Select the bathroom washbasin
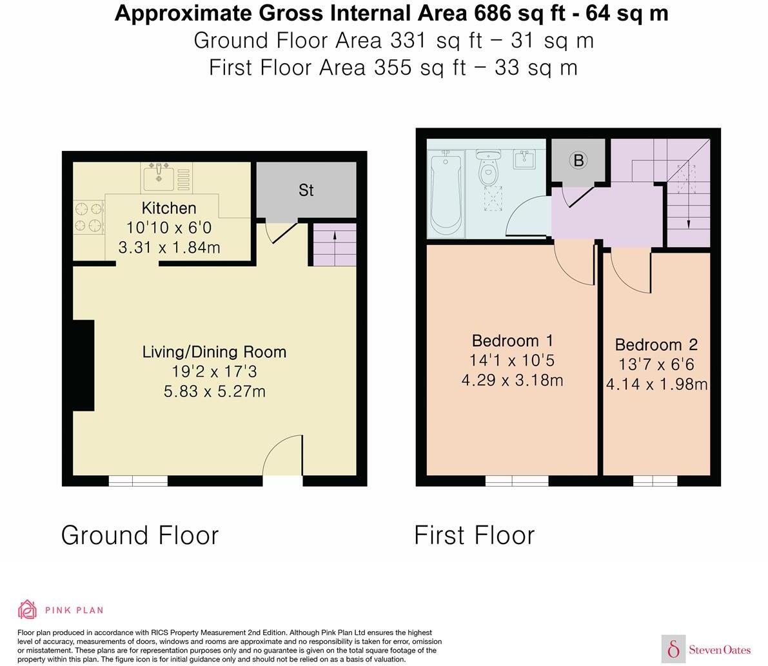pos(526,160)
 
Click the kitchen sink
pos(159,177)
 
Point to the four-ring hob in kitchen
pos(89,217)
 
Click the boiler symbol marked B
pos(578,161)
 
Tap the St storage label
pos(306,190)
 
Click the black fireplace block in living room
pos(84,365)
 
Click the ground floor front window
pos(138,480)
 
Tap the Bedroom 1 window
pos(517,480)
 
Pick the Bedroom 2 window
pos(655,480)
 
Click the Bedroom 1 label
pos(512,340)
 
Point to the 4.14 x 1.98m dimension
pos(656,385)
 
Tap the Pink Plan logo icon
pos(28,609)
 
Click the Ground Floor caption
pos(140,535)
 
